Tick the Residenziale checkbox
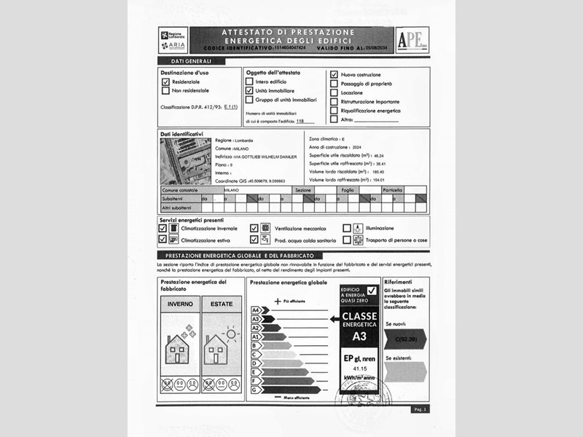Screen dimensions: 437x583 pos(165,83)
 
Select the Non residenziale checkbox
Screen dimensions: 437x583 pos(165,91)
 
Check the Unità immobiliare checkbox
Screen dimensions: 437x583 pos(249,91)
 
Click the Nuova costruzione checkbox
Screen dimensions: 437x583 pos(334,74)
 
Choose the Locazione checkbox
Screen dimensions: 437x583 pos(334,92)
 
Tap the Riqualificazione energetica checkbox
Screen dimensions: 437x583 pos(334,111)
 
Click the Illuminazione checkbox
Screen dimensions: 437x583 pos(347,228)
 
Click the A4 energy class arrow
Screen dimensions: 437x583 pos(262,310)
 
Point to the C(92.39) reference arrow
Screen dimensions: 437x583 pos(404,338)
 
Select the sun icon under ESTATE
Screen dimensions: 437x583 pos(232,335)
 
